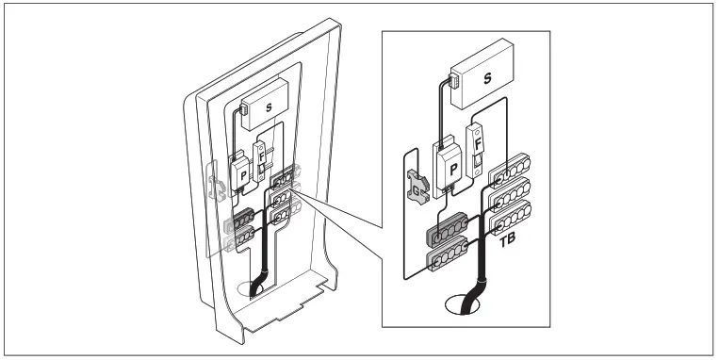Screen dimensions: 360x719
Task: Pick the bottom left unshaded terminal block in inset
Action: click(450, 255)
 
